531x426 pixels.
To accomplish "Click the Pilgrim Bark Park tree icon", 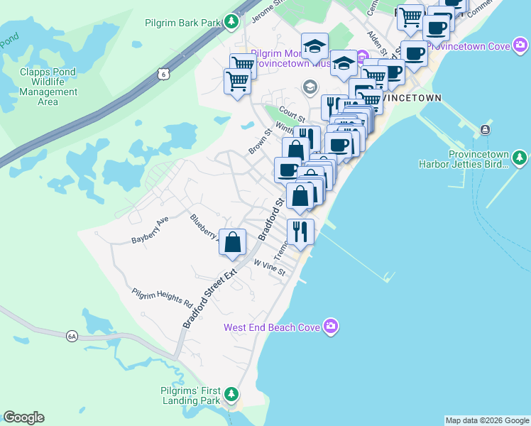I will pos(231,23).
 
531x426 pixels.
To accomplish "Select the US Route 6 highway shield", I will pos(164,73).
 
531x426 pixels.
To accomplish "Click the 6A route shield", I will pos(72,336).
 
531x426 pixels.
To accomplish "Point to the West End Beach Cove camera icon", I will pos(330,327).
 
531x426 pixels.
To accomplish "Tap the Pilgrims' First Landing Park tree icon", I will pos(231,393).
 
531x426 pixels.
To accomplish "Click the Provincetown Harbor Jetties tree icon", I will pos(520,156).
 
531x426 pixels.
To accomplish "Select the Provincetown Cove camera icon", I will pos(522,46).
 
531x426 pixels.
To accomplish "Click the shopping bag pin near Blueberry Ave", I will pos(232,243).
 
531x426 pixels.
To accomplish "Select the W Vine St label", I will pos(269,268).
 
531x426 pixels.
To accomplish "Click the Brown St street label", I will pos(261,141).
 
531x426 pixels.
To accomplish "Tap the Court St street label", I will pos(291,112).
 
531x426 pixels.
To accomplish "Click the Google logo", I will pos(23,417).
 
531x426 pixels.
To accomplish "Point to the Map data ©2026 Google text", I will pos(487,420).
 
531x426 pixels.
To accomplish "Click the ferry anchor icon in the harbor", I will pos(485,129).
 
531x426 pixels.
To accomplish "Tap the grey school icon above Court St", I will pos(310,88).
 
